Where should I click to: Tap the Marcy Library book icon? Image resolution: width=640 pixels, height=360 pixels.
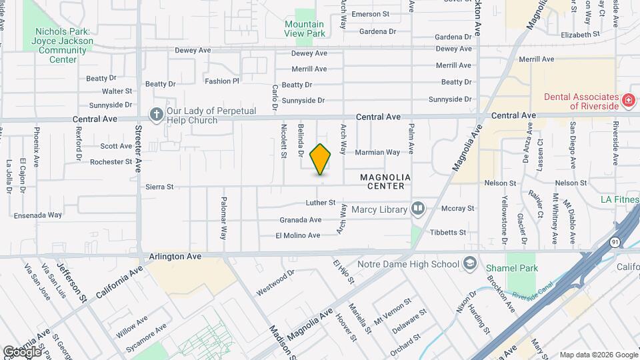[x=418, y=209]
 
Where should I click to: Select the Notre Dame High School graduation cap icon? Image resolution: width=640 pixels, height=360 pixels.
[x=469, y=264]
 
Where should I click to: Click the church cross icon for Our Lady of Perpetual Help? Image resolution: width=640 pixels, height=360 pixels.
[x=157, y=114]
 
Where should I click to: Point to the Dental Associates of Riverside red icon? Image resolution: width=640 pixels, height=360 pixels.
[x=627, y=101]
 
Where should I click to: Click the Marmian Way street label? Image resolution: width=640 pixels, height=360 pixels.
[x=377, y=152]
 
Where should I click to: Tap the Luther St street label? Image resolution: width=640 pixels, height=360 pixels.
[x=321, y=203]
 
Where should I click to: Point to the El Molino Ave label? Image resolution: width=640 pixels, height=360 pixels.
[x=298, y=235]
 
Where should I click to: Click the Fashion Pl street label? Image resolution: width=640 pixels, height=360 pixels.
[x=221, y=81]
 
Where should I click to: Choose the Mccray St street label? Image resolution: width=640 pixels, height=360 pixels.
[x=458, y=208]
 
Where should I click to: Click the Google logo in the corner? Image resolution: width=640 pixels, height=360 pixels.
[x=22, y=351]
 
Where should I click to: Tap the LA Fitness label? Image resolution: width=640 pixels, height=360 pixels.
[x=619, y=199]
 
